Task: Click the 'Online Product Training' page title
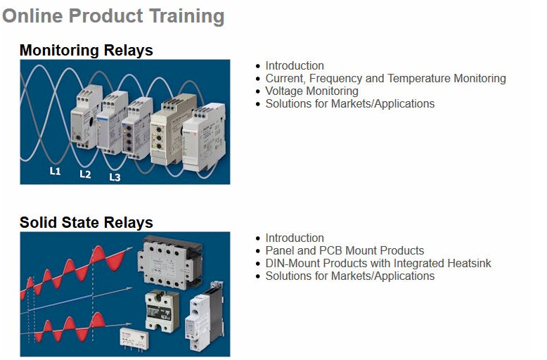click(x=113, y=16)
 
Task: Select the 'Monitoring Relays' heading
click(x=86, y=50)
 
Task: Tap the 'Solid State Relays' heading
click(x=86, y=223)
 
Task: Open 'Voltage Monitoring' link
click(x=311, y=91)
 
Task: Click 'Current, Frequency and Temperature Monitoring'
click(x=385, y=79)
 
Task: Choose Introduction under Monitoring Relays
click(x=295, y=65)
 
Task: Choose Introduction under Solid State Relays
click(x=295, y=238)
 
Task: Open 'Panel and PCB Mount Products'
click(x=345, y=250)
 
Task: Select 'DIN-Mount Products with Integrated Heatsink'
click(x=378, y=263)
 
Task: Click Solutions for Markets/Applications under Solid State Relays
click(x=350, y=276)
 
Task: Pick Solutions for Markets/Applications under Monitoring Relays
click(x=350, y=103)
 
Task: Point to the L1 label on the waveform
click(x=55, y=171)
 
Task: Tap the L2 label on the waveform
click(x=85, y=174)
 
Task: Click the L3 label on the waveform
click(x=115, y=177)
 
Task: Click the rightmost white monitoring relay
click(x=203, y=136)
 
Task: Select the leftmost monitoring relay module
click(x=86, y=117)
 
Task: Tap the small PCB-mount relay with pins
click(x=134, y=338)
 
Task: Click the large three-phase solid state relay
click(x=169, y=262)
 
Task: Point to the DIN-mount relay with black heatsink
click(x=205, y=316)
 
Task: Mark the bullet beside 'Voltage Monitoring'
click(x=258, y=91)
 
